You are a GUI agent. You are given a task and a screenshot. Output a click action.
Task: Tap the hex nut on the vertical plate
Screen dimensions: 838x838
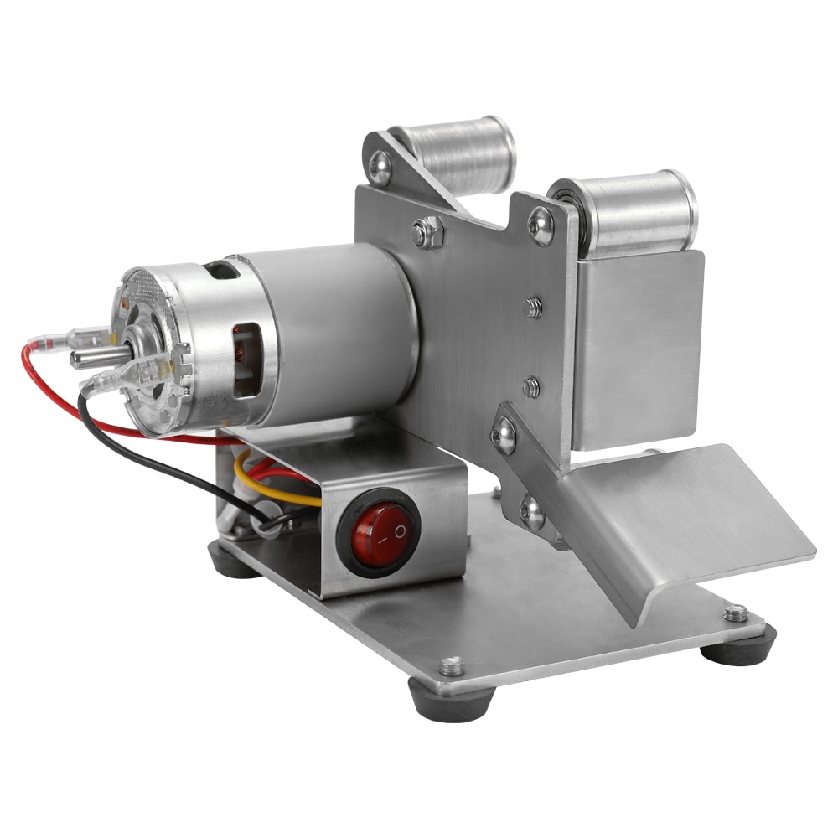pyautogui.click(x=427, y=231)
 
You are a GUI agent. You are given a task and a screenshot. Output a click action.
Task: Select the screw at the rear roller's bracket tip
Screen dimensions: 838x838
pyautogui.click(x=380, y=166)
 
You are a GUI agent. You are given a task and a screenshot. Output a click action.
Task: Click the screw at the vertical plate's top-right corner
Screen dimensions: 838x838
pyautogui.click(x=541, y=225)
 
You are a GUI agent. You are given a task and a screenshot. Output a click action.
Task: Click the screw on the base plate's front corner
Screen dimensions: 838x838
pyautogui.click(x=452, y=666)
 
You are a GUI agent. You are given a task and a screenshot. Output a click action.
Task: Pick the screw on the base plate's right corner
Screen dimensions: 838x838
pyautogui.click(x=736, y=613)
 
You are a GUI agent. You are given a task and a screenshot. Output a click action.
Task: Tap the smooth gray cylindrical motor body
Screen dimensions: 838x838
pyautogui.click(x=335, y=327)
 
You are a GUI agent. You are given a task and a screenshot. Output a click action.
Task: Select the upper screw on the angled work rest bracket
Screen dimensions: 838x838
pyautogui.click(x=504, y=434)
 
